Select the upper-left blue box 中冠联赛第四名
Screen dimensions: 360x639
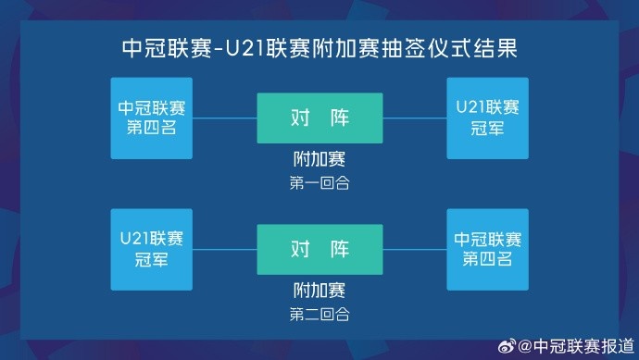click(151, 118)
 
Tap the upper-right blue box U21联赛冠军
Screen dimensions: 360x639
click(487, 118)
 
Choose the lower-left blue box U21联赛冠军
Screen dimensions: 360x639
click(151, 248)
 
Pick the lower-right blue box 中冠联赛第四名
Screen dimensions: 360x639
click(487, 248)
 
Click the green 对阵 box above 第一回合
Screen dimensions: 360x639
click(319, 118)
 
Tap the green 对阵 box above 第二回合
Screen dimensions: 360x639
click(319, 248)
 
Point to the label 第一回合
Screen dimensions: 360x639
click(319, 183)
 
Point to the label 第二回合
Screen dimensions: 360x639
click(319, 314)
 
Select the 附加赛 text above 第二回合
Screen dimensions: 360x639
click(319, 292)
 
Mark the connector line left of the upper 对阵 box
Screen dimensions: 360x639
click(224, 118)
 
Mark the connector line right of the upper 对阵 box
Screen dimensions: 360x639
click(414, 118)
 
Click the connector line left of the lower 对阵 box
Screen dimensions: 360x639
click(224, 249)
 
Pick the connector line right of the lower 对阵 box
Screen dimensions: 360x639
click(414, 249)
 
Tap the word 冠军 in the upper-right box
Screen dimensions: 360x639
click(487, 128)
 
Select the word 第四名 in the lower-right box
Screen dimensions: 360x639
click(487, 258)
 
